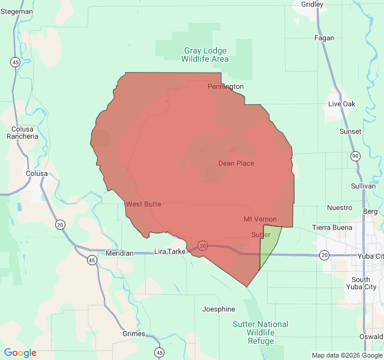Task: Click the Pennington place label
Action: click(x=226, y=86)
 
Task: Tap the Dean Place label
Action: click(x=236, y=163)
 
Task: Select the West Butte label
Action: click(x=143, y=205)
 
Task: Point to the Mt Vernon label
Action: click(x=260, y=219)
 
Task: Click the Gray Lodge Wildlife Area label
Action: click(x=205, y=55)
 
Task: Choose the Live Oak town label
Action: click(x=341, y=104)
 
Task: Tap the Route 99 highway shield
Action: click(x=355, y=156)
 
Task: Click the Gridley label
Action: click(x=312, y=4)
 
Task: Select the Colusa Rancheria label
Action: click(x=22, y=132)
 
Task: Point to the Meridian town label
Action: click(x=119, y=253)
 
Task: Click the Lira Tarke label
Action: click(x=170, y=251)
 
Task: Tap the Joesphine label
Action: click(x=218, y=310)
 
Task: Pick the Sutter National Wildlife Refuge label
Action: click(x=260, y=332)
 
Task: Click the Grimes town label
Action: click(x=133, y=334)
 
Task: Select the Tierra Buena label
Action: click(x=332, y=227)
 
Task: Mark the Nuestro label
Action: click(x=340, y=208)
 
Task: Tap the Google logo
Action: click(x=20, y=353)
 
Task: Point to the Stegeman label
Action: click(x=17, y=11)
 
